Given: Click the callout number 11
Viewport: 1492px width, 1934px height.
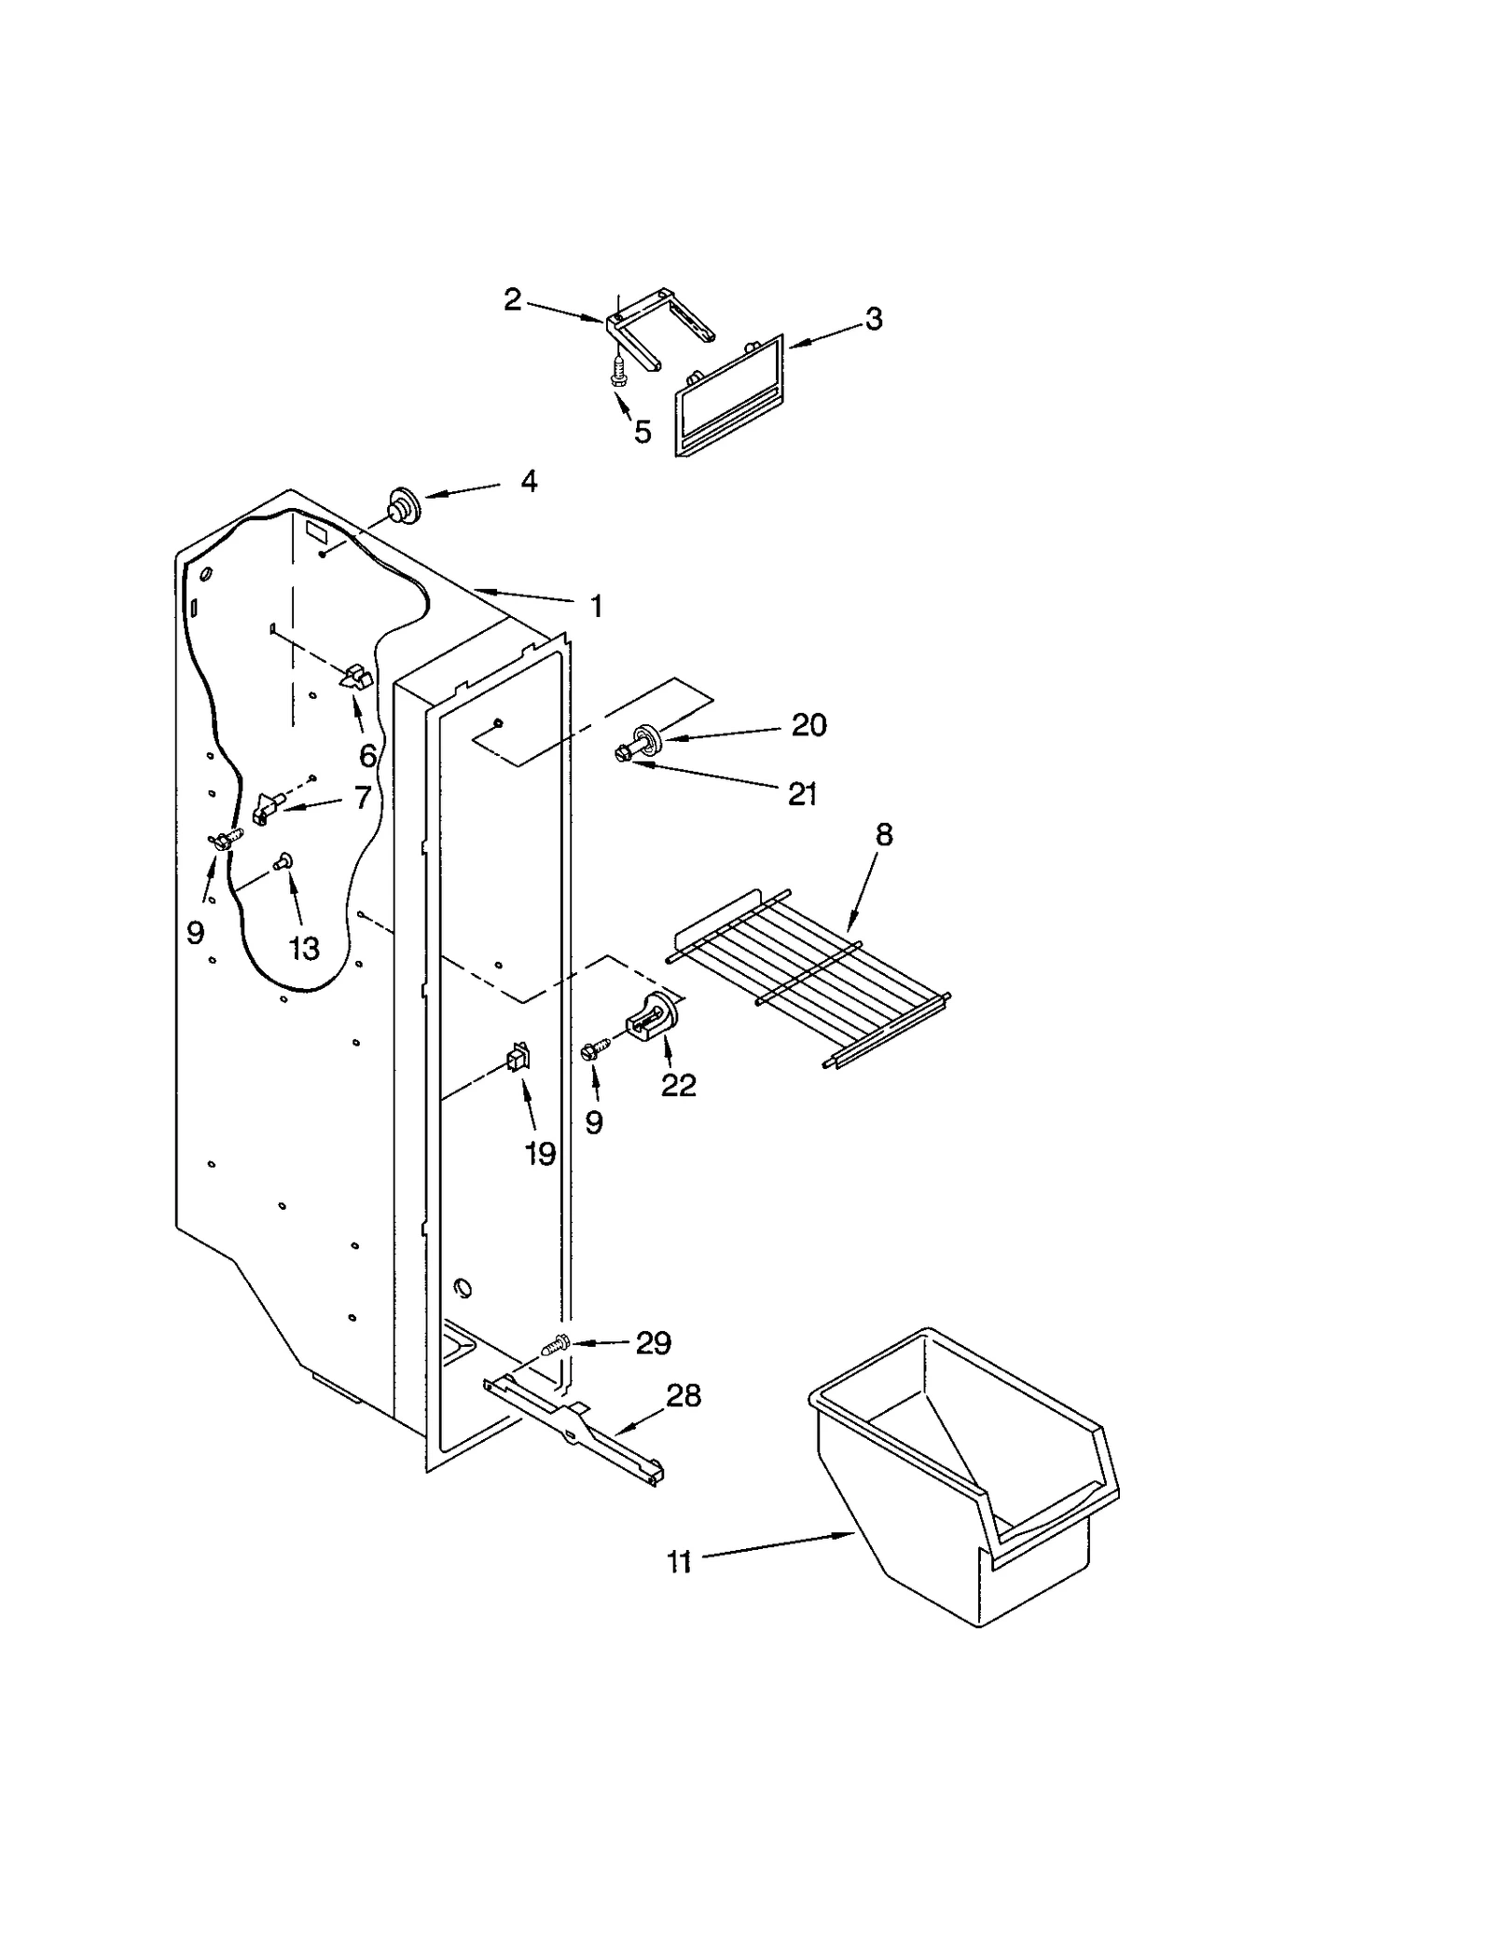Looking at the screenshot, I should [680, 1561].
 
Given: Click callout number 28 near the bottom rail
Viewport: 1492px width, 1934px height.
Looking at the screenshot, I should [684, 1395].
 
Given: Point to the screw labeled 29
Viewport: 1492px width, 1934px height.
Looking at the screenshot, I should [557, 1346].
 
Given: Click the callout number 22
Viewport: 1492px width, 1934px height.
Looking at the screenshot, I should [679, 1085].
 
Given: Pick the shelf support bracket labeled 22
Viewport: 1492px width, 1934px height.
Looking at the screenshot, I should [656, 1015].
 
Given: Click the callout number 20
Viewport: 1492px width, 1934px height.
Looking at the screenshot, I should [808, 725].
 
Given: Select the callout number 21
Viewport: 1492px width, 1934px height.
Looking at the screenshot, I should [802, 794].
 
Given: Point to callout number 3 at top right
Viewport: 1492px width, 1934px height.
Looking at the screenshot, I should [873, 319].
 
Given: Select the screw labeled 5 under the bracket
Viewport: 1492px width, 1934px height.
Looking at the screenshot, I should [617, 374].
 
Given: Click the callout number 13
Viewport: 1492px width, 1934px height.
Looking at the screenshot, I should [304, 949].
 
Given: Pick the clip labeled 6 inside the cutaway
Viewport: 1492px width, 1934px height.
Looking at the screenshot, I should [355, 678].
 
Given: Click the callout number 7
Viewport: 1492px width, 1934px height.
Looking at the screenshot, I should [362, 797].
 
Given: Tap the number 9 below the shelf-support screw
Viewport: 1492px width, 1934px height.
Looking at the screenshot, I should [594, 1122].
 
